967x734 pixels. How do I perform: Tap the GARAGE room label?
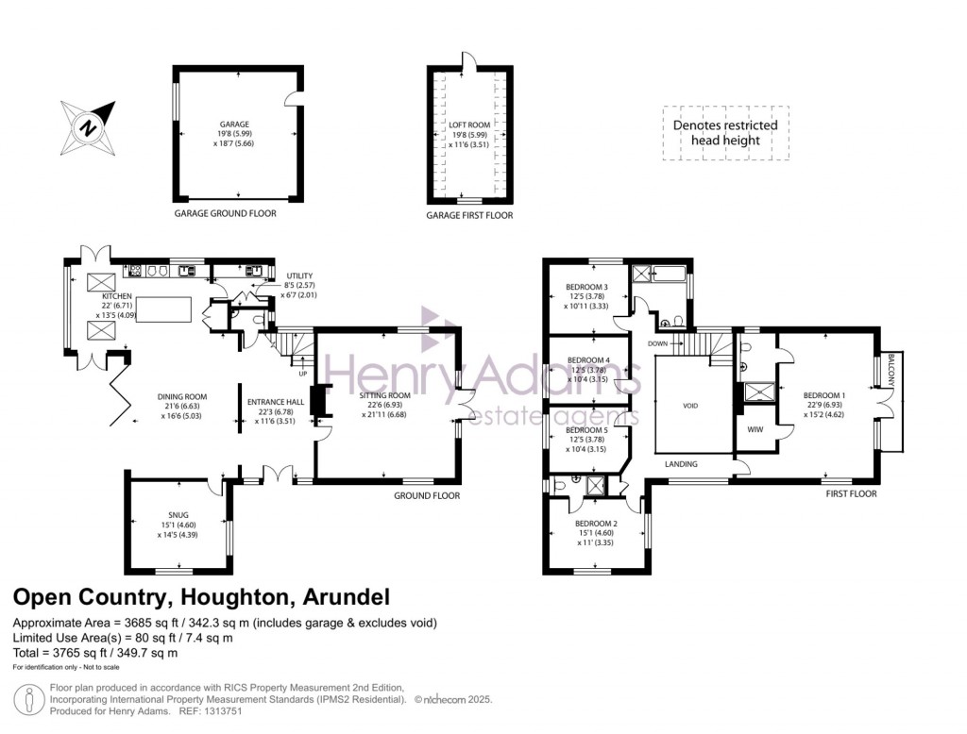[x=234, y=125]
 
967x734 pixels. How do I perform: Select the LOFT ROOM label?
[x=469, y=125]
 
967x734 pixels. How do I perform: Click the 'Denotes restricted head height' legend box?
[x=724, y=132]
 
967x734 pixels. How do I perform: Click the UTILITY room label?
[x=298, y=275]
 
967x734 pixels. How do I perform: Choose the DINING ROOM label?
[x=183, y=396]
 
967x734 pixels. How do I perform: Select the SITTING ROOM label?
[x=387, y=395]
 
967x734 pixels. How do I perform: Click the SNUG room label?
[x=178, y=515]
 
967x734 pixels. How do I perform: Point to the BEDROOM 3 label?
[x=586, y=287]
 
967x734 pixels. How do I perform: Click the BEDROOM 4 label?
[x=586, y=359]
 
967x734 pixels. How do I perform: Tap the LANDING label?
[x=681, y=464]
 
